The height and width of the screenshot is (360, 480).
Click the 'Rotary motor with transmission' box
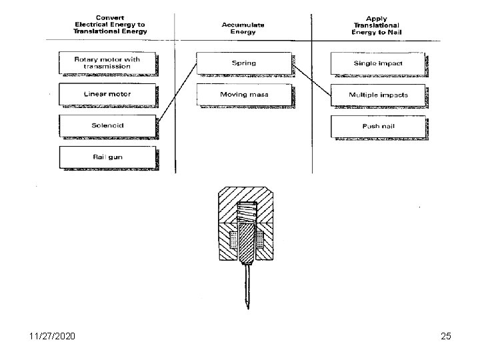108,63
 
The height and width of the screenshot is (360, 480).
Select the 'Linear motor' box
108,94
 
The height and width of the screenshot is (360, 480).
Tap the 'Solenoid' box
108,125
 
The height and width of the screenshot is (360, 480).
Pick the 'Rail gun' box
108,157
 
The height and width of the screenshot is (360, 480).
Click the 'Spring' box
244,63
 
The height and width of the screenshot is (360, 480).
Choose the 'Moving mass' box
244,95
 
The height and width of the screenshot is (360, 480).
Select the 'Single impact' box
378,63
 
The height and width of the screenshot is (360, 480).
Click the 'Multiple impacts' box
378,95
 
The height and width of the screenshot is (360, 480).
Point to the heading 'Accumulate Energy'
243,27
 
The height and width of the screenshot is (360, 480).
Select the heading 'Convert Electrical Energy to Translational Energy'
111,24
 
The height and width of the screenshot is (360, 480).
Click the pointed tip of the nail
247,307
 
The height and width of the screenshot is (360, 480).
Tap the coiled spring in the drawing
247,212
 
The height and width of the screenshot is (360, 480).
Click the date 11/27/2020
50,337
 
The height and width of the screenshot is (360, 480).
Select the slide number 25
445,337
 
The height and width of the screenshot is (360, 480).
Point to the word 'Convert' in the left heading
111,17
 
